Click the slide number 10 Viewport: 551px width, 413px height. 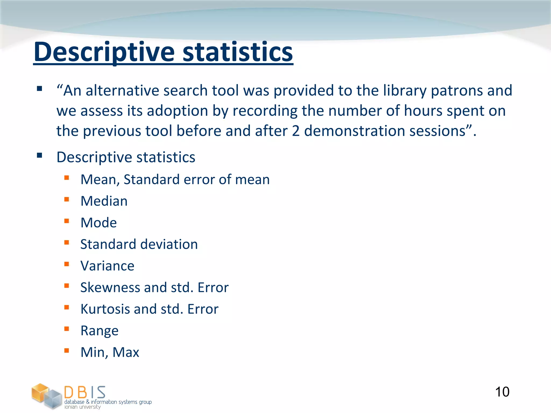(502, 392)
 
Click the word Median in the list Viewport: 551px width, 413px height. (104, 201)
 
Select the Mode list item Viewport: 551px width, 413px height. (98, 223)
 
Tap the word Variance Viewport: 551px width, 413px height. (107, 266)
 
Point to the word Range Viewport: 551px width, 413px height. (99, 331)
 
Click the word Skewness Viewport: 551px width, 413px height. (110, 287)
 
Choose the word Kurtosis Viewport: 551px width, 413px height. (105, 309)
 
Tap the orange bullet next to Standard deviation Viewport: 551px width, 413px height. (67, 243)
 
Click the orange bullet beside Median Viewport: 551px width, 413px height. (67, 199)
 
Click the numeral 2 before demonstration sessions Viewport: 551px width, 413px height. (295, 131)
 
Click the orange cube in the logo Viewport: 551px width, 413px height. (40, 393)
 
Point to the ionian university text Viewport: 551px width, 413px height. (82, 407)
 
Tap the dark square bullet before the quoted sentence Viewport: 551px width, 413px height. (40, 88)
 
